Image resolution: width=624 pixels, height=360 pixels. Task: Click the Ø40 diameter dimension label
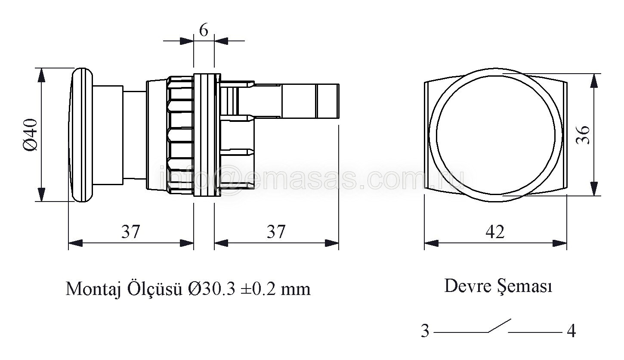click(30, 135)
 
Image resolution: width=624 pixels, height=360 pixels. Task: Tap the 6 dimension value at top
click(204, 30)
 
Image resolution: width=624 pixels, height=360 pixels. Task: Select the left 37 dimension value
click(130, 231)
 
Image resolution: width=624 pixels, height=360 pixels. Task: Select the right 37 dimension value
click(276, 231)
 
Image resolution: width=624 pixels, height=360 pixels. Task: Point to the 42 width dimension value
click(495, 232)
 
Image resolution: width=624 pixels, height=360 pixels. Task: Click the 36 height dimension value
click(583, 135)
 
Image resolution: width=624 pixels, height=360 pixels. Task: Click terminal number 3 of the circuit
click(425, 331)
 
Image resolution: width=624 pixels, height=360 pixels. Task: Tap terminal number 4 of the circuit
click(571, 331)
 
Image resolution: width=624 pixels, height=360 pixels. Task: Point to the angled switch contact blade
click(500, 326)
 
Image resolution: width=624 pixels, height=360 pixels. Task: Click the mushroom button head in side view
click(81, 134)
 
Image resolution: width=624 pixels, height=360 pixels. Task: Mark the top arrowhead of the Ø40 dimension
click(41, 75)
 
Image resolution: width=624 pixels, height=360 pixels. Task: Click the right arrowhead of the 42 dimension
click(559, 243)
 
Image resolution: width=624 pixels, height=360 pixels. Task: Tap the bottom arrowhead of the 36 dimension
click(594, 189)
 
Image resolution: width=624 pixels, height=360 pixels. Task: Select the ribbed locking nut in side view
click(180, 135)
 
